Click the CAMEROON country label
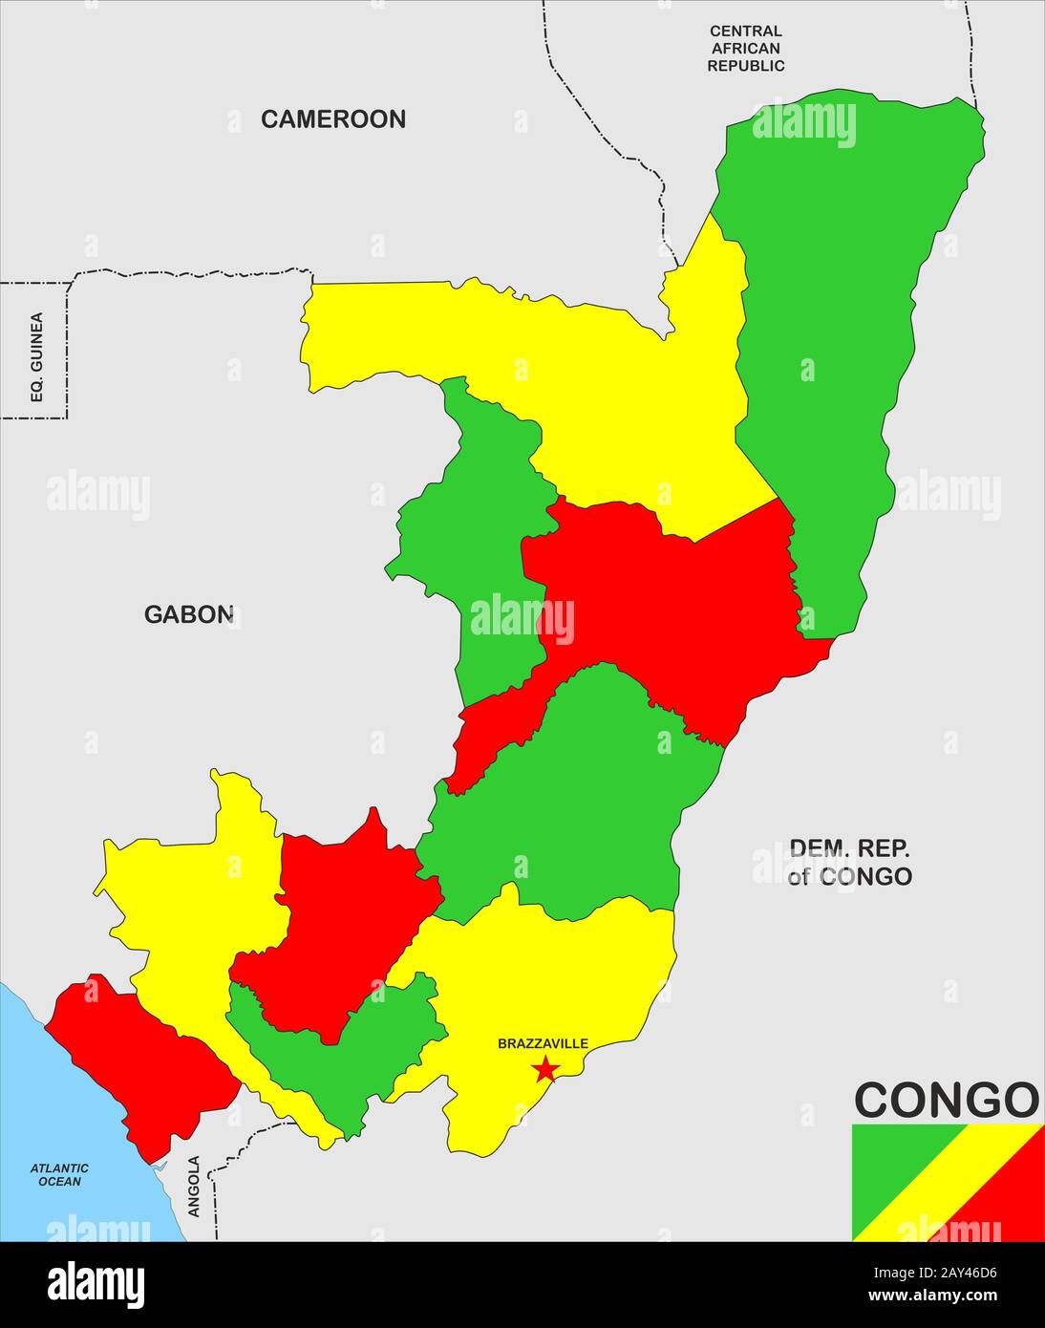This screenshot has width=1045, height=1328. (333, 119)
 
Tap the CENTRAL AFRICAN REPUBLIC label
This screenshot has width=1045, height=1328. (745, 49)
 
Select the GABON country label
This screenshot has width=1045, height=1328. (188, 614)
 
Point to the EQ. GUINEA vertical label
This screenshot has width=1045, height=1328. (37, 356)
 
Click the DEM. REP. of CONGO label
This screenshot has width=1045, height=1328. (849, 862)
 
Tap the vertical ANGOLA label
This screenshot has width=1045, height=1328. (194, 1186)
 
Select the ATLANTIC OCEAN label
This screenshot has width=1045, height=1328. (59, 1174)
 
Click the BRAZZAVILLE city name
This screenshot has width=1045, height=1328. (543, 1044)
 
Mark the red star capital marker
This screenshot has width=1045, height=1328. (545, 1068)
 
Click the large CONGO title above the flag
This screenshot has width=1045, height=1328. (946, 1100)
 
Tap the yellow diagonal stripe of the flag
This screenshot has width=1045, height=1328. (948, 1183)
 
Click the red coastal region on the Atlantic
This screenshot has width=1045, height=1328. (143, 1060)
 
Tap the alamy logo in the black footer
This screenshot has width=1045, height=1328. (96, 1284)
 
